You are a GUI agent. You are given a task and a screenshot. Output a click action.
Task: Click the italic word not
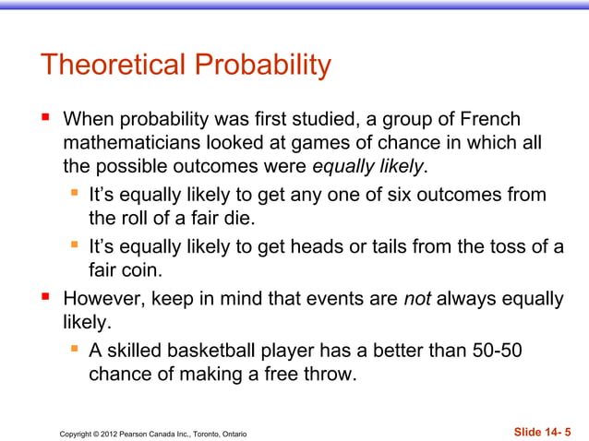click(418, 300)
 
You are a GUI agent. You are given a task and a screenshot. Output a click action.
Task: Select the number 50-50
click(495, 352)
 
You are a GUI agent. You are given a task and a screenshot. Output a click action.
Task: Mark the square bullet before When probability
click(44, 120)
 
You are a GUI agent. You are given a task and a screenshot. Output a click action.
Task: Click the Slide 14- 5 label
click(542, 432)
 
